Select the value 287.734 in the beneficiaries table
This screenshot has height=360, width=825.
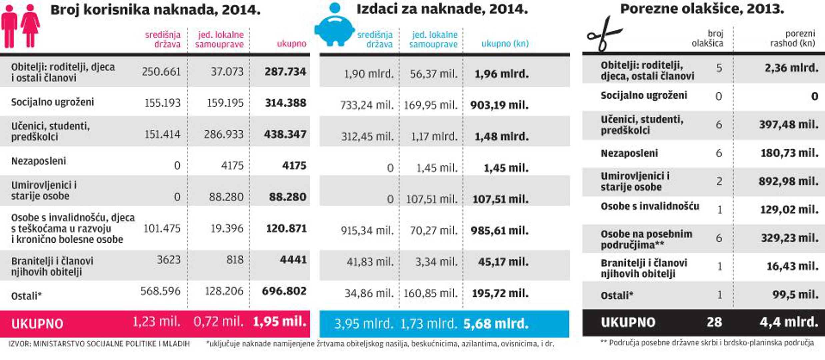pos(285,72)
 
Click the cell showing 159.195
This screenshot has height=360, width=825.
pos(225,103)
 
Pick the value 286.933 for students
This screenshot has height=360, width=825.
pos(224,134)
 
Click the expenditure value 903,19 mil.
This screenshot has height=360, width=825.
pos(499,105)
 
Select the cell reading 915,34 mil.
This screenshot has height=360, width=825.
pos(367,230)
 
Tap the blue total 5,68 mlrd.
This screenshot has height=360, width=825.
pos(496,323)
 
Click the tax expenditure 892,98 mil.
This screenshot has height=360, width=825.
pos(788,181)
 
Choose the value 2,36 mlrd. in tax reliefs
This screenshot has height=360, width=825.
pos(791,68)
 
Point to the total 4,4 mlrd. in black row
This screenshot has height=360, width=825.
pos(789,322)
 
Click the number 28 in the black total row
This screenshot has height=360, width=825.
pos(714,322)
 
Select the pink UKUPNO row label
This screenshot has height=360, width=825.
pos(37,324)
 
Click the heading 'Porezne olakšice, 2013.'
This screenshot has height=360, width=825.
pos(702,9)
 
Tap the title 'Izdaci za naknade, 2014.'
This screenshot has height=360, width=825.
pos(442,9)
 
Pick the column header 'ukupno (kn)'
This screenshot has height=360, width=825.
pos(505,43)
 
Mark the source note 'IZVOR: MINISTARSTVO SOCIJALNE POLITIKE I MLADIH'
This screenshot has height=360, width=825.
pos(99,344)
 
